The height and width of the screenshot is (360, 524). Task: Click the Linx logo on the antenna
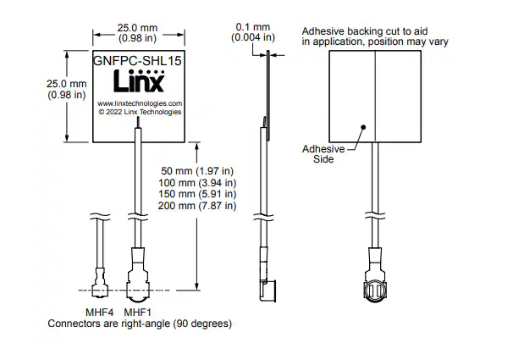point(139,80)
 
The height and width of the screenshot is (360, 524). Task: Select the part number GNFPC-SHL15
point(137,60)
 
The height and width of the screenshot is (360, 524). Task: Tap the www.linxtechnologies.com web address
point(140,103)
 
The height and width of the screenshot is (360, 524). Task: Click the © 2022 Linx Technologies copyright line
point(140,112)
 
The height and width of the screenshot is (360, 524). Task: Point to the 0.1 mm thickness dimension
point(253,27)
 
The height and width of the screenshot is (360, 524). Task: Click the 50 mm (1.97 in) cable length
point(197,171)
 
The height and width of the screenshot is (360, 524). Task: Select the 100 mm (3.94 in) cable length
point(197,182)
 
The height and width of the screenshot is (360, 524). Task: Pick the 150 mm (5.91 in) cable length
point(197,194)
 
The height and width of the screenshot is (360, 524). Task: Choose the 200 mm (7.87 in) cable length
point(197,205)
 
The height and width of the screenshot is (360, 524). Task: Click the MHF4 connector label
point(100,313)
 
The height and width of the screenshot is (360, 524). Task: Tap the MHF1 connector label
point(137,313)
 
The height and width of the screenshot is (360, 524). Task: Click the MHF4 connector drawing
point(100,281)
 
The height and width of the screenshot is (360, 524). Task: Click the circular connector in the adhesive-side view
point(375,291)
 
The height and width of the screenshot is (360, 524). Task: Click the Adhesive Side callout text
point(323,154)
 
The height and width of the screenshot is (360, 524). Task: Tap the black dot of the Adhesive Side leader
point(364,127)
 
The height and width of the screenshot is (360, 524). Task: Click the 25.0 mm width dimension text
point(137,33)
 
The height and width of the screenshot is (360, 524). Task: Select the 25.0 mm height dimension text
point(67,89)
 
